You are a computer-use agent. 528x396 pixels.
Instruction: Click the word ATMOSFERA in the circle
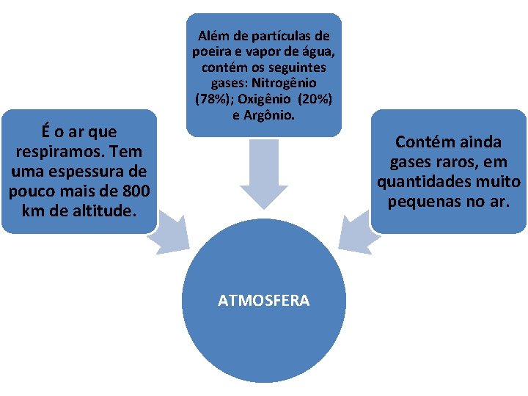pyautogui.click(x=263, y=301)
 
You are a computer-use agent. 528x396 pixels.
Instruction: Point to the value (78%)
pyautogui.click(x=212, y=98)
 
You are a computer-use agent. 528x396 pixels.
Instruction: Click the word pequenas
pyautogui.click(x=424, y=199)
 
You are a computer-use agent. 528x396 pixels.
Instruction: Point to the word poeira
pyautogui.click(x=212, y=51)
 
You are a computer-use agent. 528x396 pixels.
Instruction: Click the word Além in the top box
pyautogui.click(x=213, y=35)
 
